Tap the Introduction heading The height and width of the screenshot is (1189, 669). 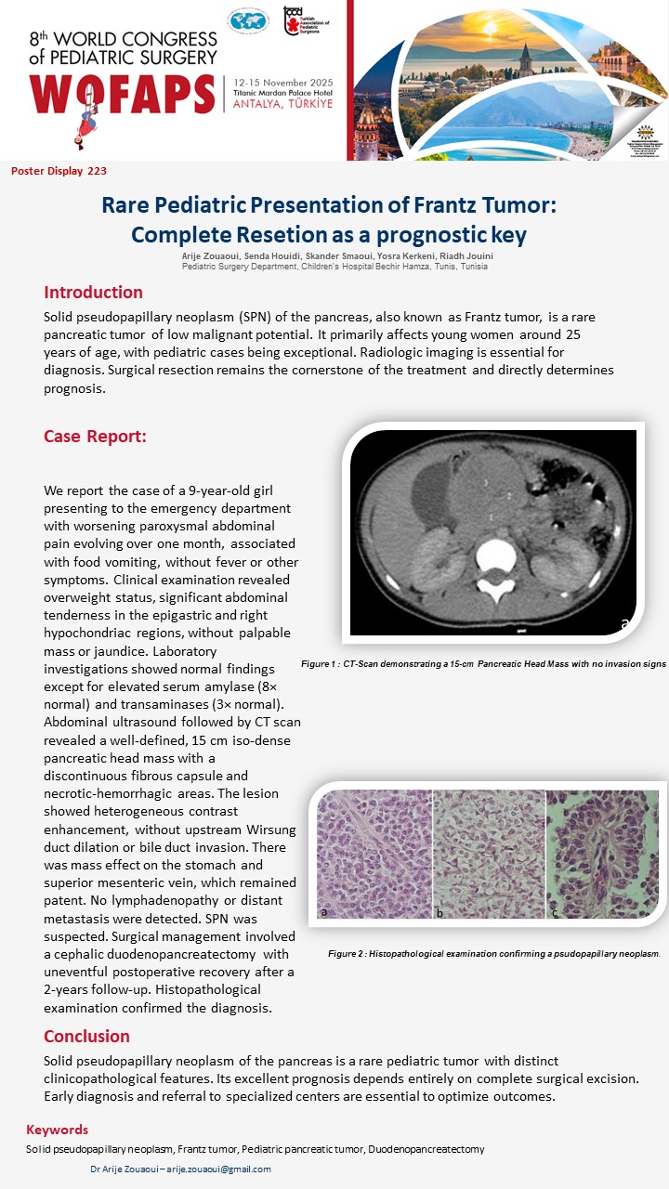(93, 293)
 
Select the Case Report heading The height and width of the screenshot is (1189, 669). (95, 437)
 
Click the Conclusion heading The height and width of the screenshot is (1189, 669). (86, 1036)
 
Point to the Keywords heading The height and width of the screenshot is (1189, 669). (57, 1130)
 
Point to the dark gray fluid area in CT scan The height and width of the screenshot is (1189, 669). (435, 492)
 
